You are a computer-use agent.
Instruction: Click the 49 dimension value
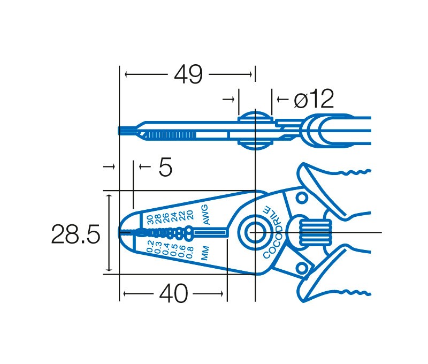click(x=188, y=74)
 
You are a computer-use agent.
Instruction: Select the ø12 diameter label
click(x=314, y=98)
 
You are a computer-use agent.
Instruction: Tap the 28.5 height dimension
click(x=75, y=234)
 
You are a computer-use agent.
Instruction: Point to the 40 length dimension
click(x=173, y=293)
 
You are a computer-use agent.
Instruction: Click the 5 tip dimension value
click(x=165, y=166)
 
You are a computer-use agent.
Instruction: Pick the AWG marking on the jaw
click(x=205, y=215)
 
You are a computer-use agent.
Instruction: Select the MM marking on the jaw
click(x=205, y=253)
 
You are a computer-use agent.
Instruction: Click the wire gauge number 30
click(x=150, y=219)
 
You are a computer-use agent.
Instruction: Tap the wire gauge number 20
click(x=190, y=215)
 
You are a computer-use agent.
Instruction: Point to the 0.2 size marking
click(x=150, y=247)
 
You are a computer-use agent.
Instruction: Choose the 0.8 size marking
click(x=190, y=252)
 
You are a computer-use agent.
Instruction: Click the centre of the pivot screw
click(x=255, y=233)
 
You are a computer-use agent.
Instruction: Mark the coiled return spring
click(x=316, y=233)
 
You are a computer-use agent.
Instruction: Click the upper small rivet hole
click(x=302, y=198)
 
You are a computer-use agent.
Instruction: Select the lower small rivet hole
click(x=302, y=268)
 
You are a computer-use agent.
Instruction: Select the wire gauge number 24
click(x=174, y=217)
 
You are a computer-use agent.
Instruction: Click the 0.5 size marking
click(x=174, y=250)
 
